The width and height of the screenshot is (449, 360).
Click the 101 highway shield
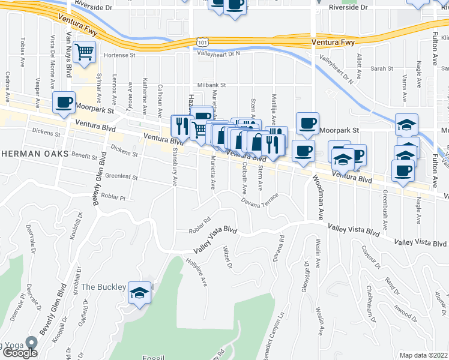(x=201, y=41)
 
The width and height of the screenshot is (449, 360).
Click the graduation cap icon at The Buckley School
(x=140, y=293)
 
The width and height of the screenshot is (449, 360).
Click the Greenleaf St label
(x=122, y=178)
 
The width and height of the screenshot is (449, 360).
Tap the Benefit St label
(x=84, y=157)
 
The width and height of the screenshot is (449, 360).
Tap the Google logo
(x=20, y=352)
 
